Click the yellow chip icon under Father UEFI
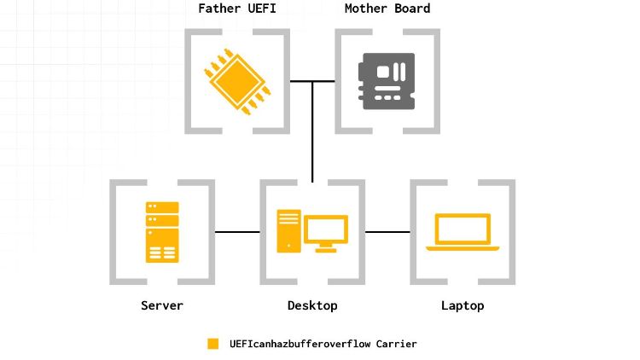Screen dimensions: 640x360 tap(237, 82)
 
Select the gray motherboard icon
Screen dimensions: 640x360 tap(387, 81)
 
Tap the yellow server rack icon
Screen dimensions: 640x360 tap(162, 232)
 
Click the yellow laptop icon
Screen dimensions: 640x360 tap(463, 232)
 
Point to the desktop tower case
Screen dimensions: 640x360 tap(289, 231)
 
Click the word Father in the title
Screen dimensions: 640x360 tap(219, 9)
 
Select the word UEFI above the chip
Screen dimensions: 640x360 tap(262, 9)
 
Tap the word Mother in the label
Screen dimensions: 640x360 tap(365, 9)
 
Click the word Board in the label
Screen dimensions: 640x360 tap(412, 9)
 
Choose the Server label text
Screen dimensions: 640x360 tap(162, 305)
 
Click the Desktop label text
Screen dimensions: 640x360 tap(312, 305)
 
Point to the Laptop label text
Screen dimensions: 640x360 tap(463, 305)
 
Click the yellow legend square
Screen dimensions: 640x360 tap(212, 344)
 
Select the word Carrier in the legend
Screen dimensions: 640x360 tap(396, 344)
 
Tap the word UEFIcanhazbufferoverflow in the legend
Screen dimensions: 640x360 tap(300, 344)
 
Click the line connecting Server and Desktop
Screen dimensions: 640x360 tap(237, 232)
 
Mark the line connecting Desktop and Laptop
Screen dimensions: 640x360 tap(387, 232)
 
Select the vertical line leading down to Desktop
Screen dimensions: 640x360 tap(312, 131)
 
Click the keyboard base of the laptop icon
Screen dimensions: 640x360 tap(463, 248)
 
